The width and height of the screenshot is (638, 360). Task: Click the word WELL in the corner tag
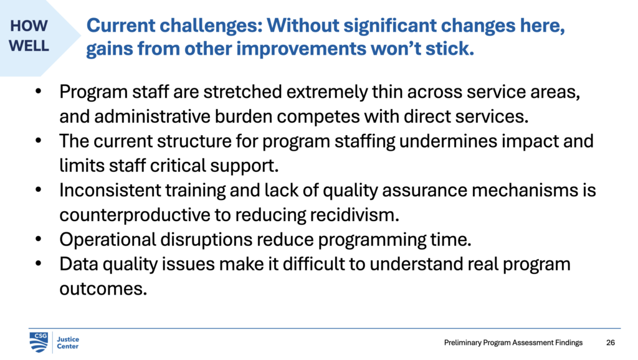29,46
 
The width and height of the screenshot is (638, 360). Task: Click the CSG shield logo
39,341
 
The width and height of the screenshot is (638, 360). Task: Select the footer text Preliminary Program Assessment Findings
513,343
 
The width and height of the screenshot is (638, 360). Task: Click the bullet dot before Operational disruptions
39,239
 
